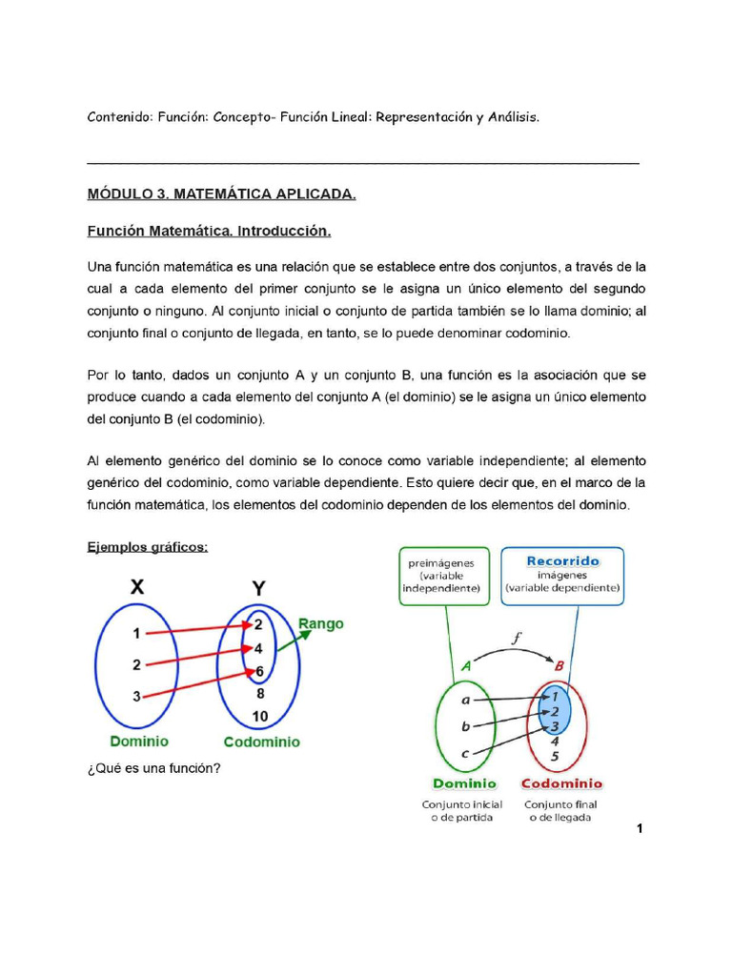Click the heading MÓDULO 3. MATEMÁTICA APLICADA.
(x=221, y=194)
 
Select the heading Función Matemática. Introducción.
(x=209, y=232)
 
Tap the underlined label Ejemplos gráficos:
(x=148, y=546)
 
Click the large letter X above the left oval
(x=138, y=587)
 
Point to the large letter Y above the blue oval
(x=257, y=587)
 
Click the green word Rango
(x=321, y=624)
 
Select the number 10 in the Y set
(x=260, y=715)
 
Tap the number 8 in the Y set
(x=260, y=694)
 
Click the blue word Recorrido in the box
(x=562, y=561)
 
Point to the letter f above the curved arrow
(x=516, y=639)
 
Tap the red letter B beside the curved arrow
(x=559, y=667)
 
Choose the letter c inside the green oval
(x=464, y=754)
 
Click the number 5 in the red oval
(x=556, y=758)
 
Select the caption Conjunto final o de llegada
(x=560, y=811)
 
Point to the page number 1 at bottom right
(x=640, y=829)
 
